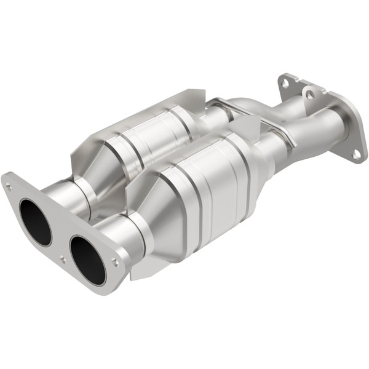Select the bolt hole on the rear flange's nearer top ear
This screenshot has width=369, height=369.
coord(309,94)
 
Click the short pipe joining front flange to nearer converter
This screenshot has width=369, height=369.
coord(126,237)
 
